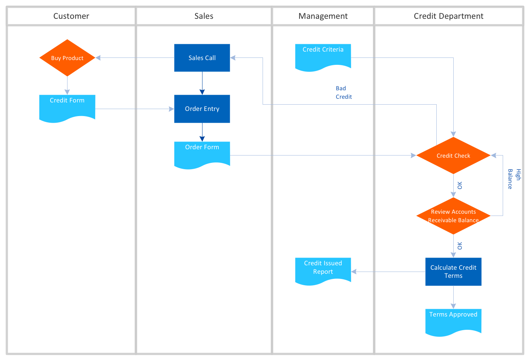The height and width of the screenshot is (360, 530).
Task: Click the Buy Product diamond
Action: pyautogui.click(x=67, y=58)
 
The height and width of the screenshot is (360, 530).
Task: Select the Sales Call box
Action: pyautogui.click(x=202, y=58)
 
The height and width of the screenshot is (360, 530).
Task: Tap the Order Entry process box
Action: pyautogui.click(x=202, y=109)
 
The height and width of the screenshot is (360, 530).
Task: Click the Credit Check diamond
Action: pyautogui.click(x=453, y=155)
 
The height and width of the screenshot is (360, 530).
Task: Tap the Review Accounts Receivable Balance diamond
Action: pyautogui.click(x=453, y=216)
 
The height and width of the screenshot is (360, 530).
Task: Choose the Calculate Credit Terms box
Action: pyautogui.click(x=453, y=272)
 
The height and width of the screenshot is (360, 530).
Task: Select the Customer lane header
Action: pyautogui.click(x=71, y=16)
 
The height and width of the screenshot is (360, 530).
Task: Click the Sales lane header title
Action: pyautogui.click(x=204, y=16)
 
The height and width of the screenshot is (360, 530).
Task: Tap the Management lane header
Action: pyautogui.click(x=323, y=16)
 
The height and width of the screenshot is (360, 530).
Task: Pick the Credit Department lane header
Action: pyautogui.click(x=448, y=16)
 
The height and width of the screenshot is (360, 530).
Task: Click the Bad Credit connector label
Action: pyautogui.click(x=343, y=92)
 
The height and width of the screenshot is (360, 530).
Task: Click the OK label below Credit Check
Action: pyautogui.click(x=460, y=185)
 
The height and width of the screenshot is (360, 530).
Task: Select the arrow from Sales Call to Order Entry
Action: pyautogui.click(x=202, y=83)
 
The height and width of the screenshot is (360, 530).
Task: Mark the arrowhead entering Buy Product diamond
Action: pyautogui.click(x=98, y=58)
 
